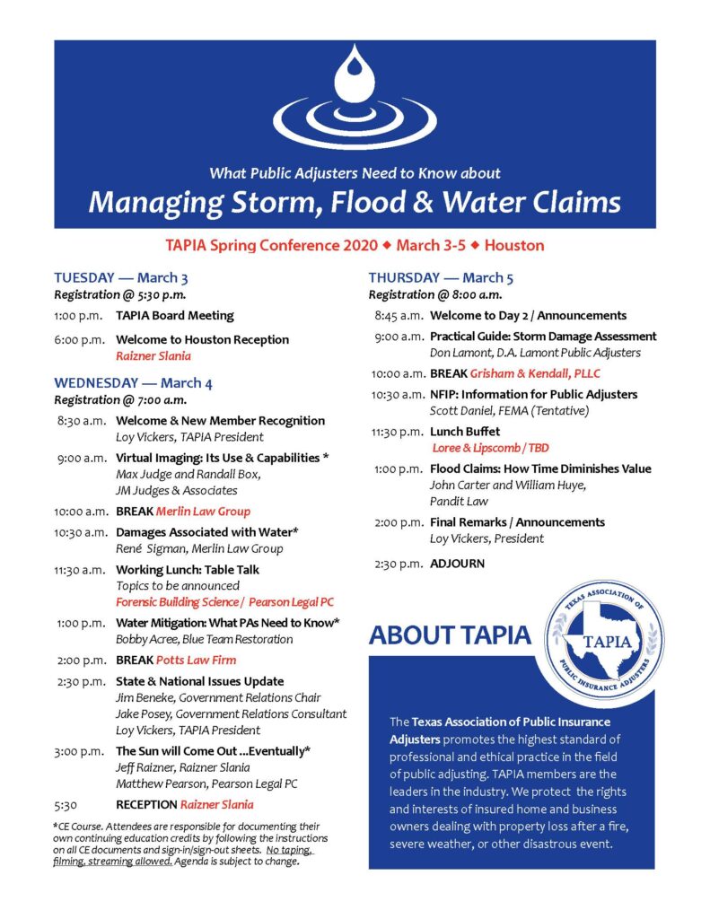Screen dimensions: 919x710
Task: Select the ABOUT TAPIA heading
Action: pyautogui.click(x=450, y=635)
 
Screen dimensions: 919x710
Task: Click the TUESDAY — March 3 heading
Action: pyautogui.click(x=120, y=277)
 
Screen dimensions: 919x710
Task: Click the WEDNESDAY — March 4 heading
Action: pyautogui.click(x=133, y=383)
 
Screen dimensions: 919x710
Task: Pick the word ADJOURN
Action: pyautogui.click(x=457, y=564)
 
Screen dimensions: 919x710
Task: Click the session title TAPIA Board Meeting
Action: pyautogui.click(x=174, y=315)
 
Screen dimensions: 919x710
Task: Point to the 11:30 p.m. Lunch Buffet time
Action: pyautogui.click(x=397, y=432)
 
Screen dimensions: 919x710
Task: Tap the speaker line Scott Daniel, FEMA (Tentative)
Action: pyautogui.click(x=511, y=410)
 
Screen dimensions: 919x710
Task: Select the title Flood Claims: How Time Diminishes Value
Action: pyautogui.click(x=540, y=468)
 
